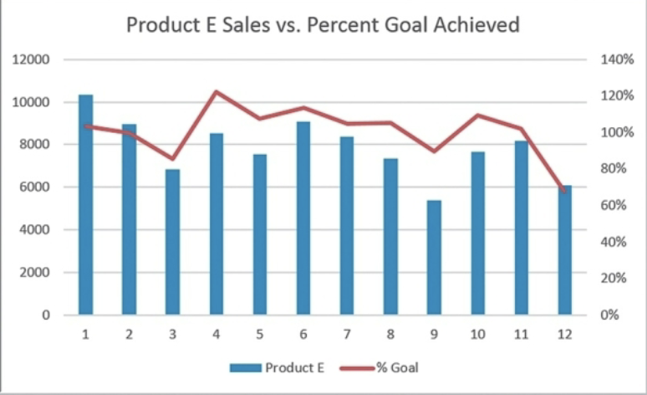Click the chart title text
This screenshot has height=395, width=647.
pos(323,25)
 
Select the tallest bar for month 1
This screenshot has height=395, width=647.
pos(85,205)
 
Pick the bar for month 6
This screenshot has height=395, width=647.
pos(303,218)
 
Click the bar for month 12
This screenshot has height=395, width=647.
pos(565,250)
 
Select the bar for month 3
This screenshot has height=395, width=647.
pos(173,243)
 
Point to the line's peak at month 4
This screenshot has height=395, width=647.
pos(217,92)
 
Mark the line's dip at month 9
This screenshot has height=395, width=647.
pos(434,151)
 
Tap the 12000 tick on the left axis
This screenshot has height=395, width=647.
pos(33,60)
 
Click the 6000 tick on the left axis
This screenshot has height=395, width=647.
pos(37,187)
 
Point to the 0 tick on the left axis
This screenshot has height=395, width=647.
pos(47,315)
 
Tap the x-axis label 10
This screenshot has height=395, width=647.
pos(477,334)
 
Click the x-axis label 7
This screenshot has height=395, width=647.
pos(347,334)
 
